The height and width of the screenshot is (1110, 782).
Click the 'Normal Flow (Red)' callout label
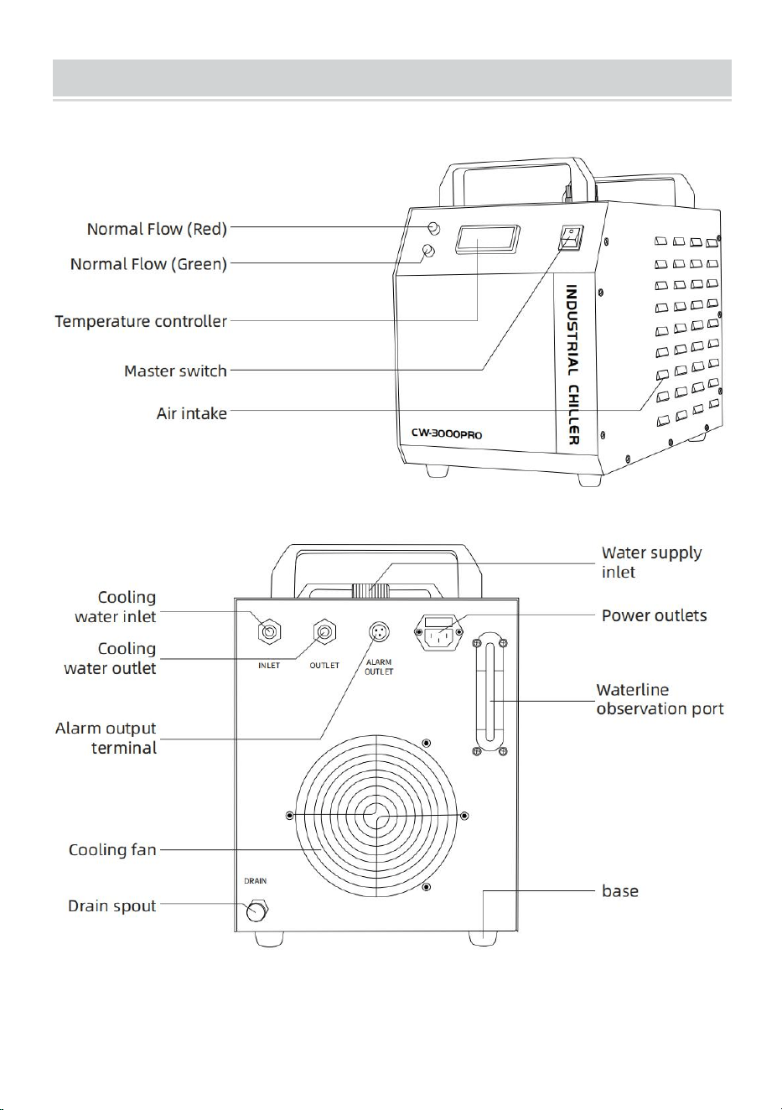click(x=157, y=229)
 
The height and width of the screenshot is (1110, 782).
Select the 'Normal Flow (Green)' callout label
click(x=148, y=263)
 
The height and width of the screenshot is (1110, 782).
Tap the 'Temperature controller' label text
click(x=141, y=321)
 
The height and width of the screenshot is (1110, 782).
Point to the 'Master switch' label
click(x=175, y=371)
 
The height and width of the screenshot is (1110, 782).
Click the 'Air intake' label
click(x=191, y=413)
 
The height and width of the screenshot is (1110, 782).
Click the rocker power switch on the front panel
click(x=572, y=237)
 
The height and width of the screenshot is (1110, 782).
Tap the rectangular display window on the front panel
click(x=488, y=239)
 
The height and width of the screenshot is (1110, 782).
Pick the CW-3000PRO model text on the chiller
click(x=447, y=433)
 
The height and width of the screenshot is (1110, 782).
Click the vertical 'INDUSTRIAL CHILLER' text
click(x=572, y=365)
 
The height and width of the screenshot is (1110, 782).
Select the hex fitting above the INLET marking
click(x=269, y=632)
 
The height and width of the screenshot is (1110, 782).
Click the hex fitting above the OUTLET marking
click(x=324, y=632)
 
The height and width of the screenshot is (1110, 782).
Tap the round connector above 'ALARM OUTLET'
click(x=379, y=632)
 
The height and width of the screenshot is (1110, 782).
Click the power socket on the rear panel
click(x=439, y=632)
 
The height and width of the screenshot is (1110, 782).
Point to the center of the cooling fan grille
click(x=376, y=816)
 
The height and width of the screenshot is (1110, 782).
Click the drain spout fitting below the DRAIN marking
click(x=256, y=910)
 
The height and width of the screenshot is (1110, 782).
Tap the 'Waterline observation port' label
click(x=660, y=699)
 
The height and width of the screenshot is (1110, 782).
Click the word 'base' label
click(x=620, y=891)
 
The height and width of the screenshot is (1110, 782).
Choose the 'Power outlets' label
click(x=654, y=615)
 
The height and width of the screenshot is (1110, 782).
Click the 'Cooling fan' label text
click(x=112, y=850)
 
